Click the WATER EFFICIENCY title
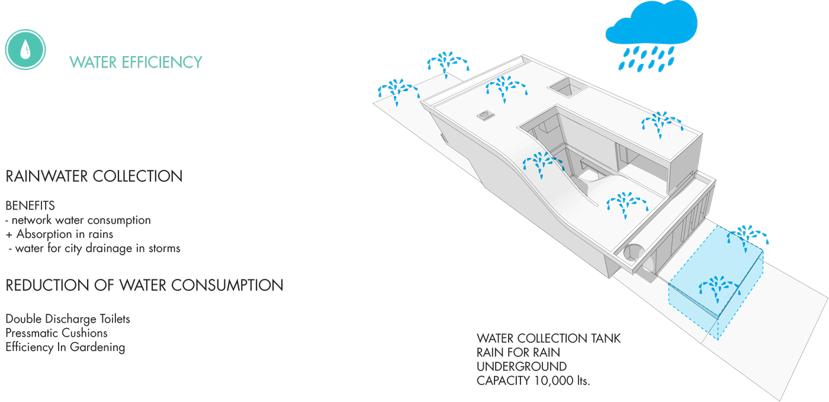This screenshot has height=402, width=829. click(136, 62)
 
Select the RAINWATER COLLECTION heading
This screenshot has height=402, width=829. click(94, 176)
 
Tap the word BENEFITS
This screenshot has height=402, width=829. click(30, 206)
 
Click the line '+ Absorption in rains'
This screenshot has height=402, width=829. click(59, 234)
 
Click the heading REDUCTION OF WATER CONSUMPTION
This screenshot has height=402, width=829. click(144, 285)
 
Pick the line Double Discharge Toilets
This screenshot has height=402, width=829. click(68, 319)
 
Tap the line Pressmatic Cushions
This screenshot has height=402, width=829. click(56, 333)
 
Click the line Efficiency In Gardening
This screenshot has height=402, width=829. click(65, 348)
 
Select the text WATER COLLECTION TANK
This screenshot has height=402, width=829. click(548, 339)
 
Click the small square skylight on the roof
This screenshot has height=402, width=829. click(486, 115)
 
